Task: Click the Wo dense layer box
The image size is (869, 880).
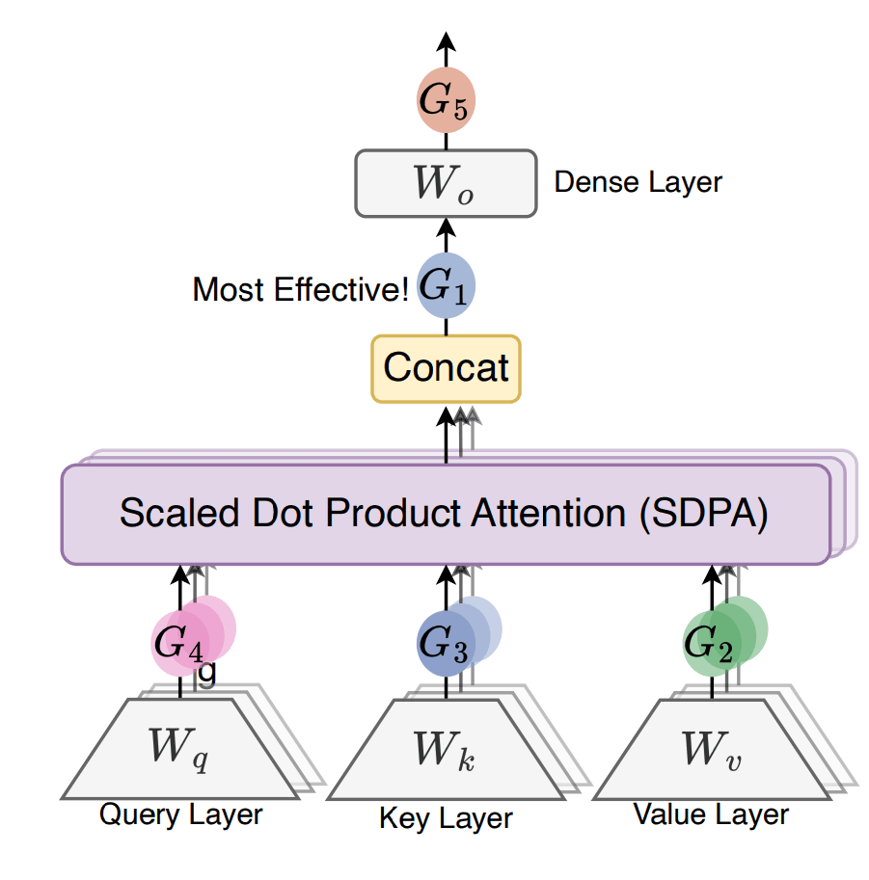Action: point(446,183)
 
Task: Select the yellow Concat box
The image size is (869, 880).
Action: point(446,368)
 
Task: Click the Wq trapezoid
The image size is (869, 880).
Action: point(181,747)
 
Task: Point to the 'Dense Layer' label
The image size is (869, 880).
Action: point(638,182)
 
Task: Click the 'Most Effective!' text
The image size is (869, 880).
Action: point(301,289)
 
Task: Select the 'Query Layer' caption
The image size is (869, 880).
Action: point(181,814)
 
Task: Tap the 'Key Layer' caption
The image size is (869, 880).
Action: point(446,819)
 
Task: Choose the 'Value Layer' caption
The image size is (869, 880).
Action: point(711,814)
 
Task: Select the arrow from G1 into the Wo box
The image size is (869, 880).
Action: point(446,231)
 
